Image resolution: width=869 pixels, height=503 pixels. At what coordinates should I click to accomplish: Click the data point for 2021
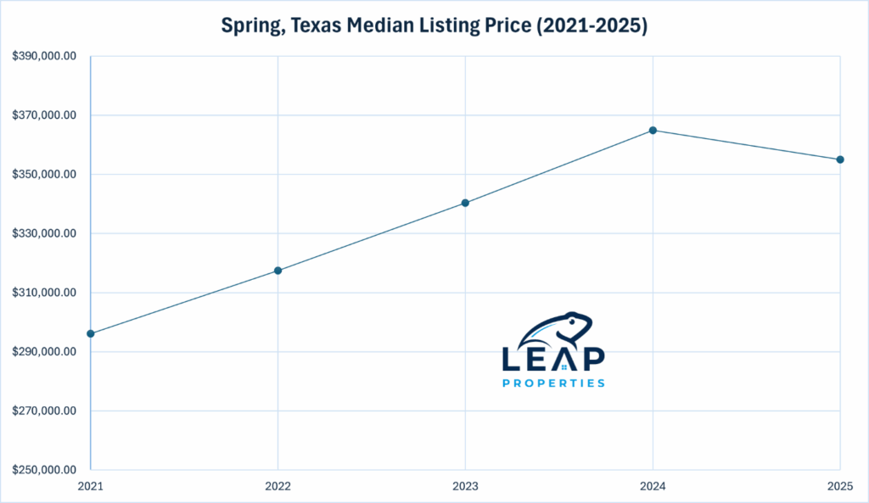tap(91, 333)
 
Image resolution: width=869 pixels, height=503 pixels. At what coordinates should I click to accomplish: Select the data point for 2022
tap(278, 271)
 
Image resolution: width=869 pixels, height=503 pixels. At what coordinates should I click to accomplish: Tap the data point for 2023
tap(465, 203)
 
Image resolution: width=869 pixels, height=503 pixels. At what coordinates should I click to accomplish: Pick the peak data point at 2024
tap(653, 130)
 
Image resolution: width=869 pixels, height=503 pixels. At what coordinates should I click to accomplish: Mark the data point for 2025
tap(839, 159)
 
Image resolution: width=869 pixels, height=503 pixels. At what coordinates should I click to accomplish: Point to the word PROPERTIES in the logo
tap(553, 383)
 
